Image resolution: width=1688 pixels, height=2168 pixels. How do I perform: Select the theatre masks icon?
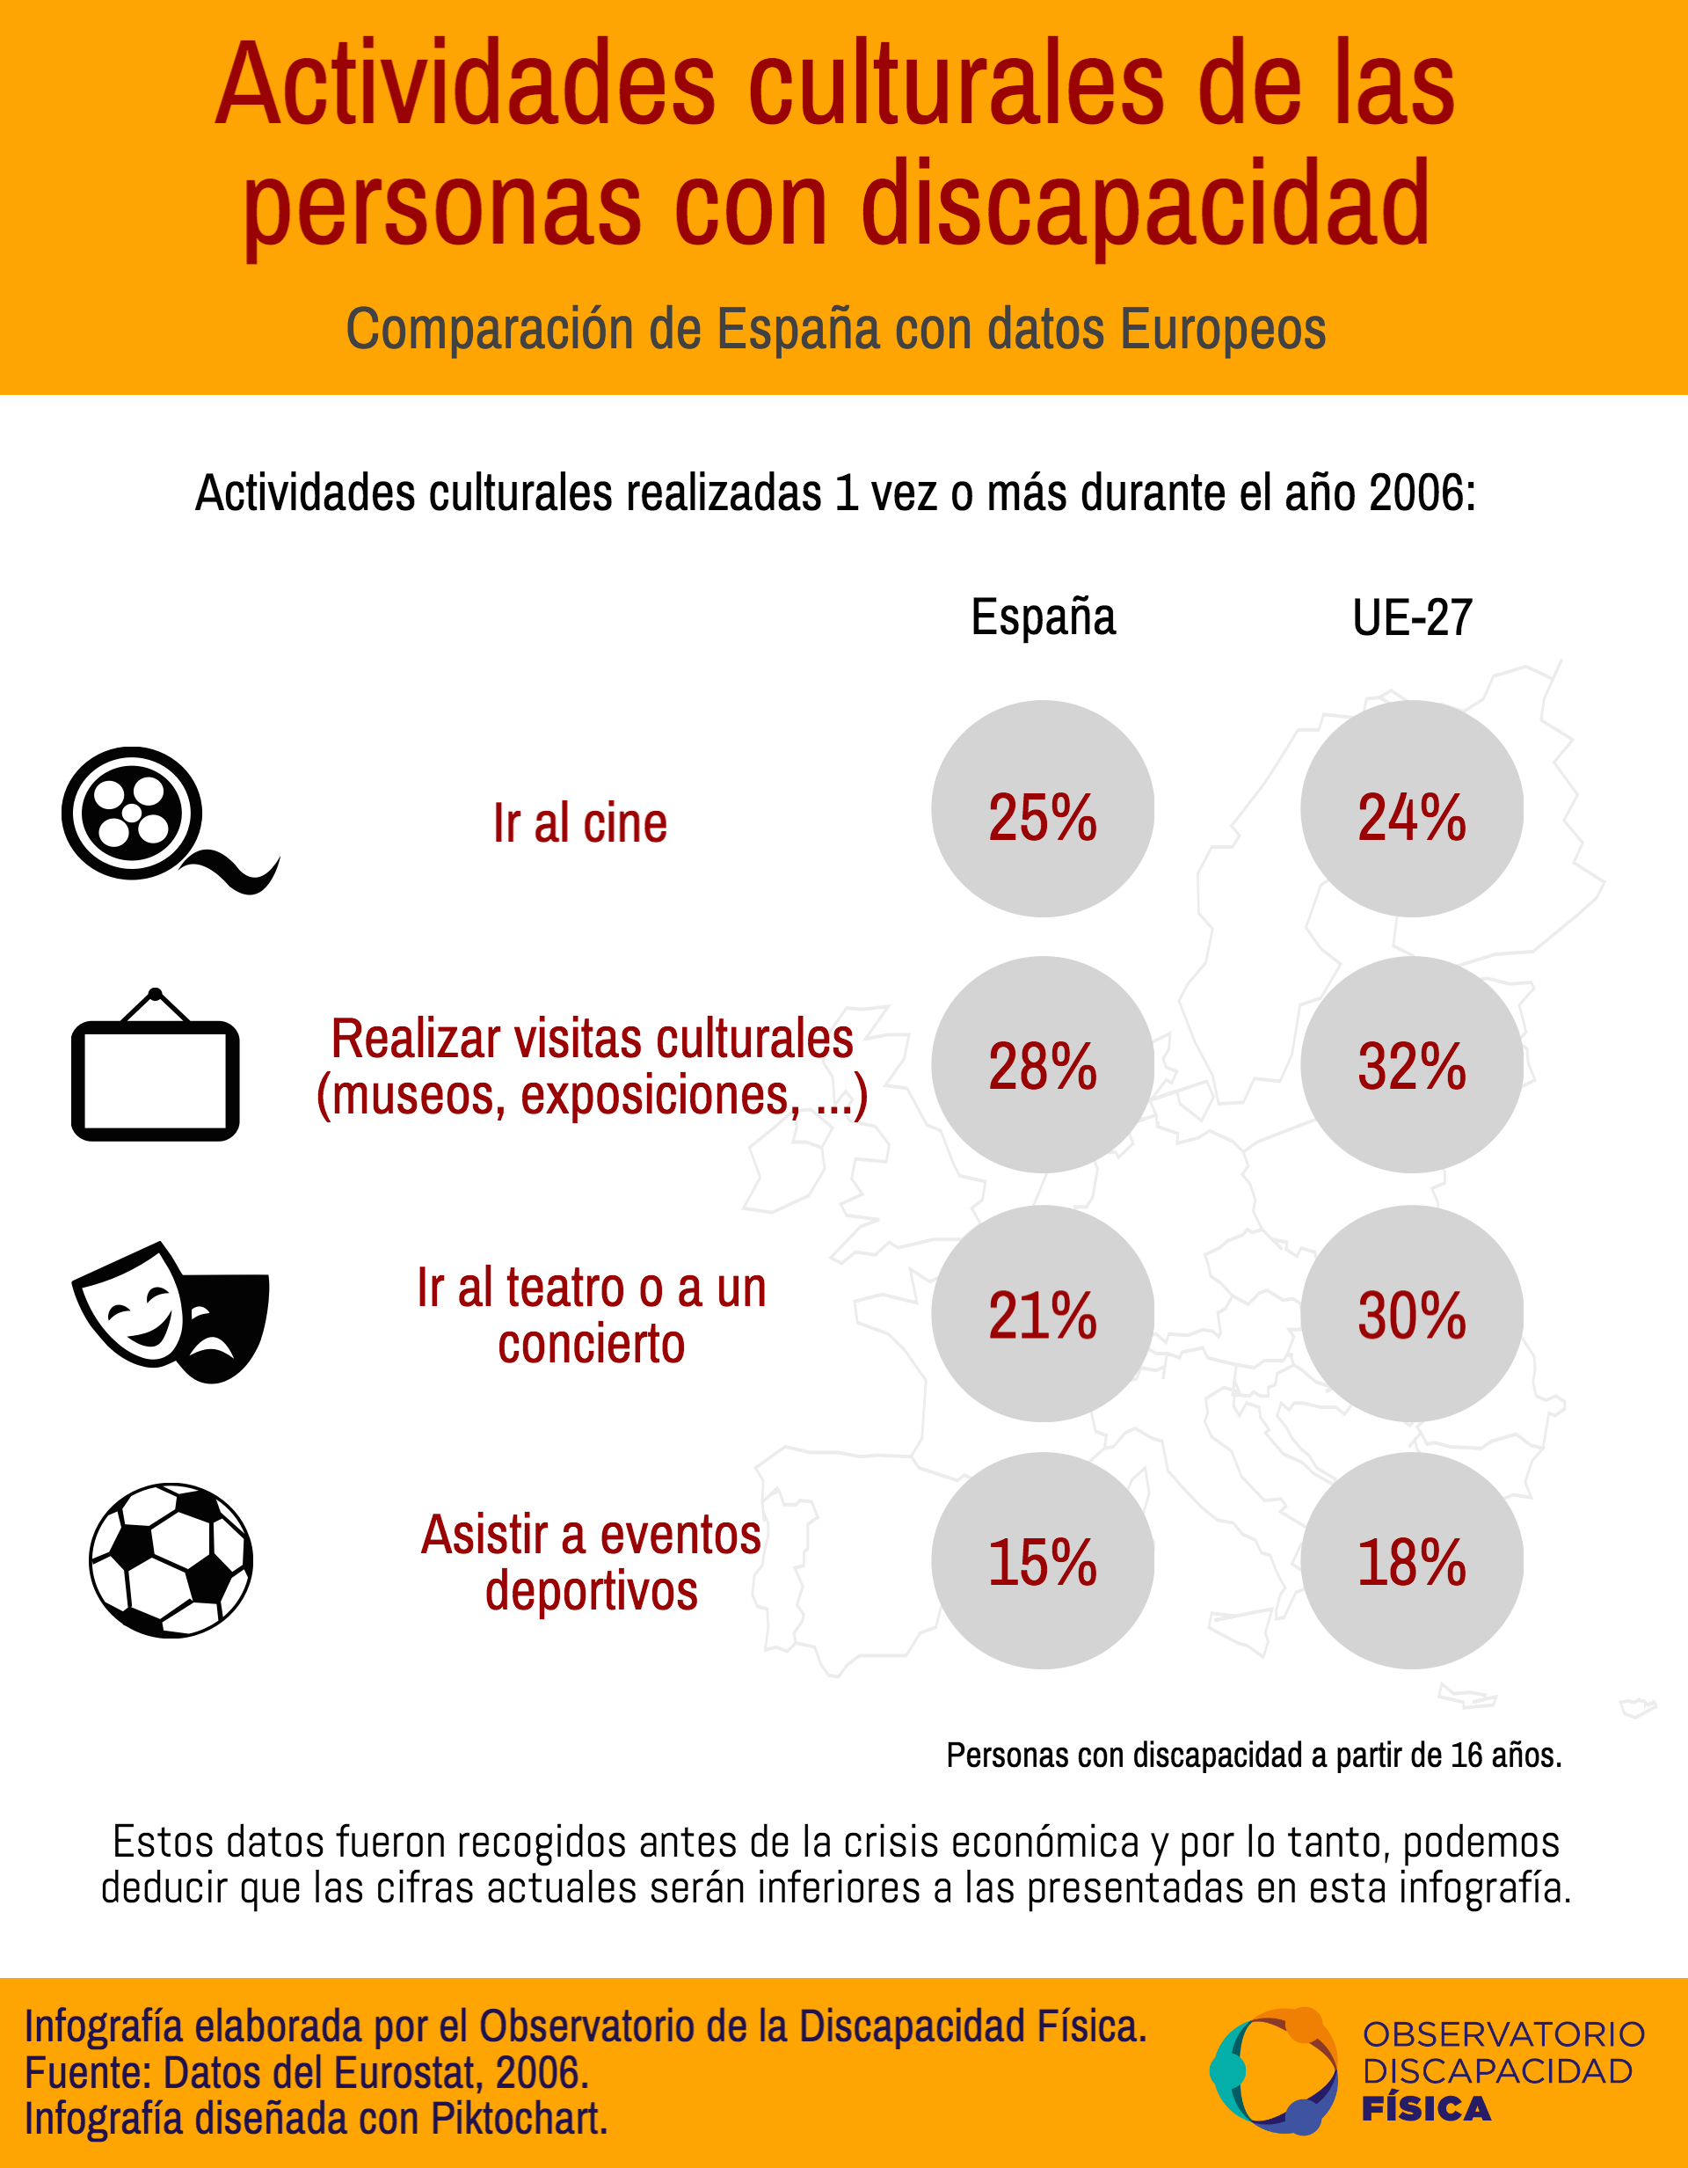(171, 1311)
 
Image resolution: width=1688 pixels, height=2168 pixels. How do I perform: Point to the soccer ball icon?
(171, 1560)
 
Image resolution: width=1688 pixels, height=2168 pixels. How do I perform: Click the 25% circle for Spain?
(1042, 808)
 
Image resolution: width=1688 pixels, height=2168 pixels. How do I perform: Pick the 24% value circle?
(1411, 808)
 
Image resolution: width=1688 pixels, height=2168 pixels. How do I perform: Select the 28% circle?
(1042, 1064)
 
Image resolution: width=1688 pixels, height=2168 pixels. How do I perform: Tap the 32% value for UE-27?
(1411, 1064)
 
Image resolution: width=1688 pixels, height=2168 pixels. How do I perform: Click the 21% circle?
(1042, 1313)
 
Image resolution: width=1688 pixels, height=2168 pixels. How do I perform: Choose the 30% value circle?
(1411, 1313)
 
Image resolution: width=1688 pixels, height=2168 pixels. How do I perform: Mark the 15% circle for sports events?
(1042, 1560)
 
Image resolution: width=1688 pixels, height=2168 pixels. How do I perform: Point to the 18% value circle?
(1411, 1560)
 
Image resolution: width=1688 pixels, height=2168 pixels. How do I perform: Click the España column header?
(1043, 617)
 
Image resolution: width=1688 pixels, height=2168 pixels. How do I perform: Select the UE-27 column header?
(1412, 617)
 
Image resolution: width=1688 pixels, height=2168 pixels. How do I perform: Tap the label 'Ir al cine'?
(580, 823)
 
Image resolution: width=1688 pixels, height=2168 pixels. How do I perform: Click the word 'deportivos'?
(592, 1591)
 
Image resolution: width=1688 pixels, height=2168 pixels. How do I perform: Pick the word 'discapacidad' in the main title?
(1146, 207)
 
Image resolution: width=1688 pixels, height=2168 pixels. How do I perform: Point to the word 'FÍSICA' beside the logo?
(1426, 2109)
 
